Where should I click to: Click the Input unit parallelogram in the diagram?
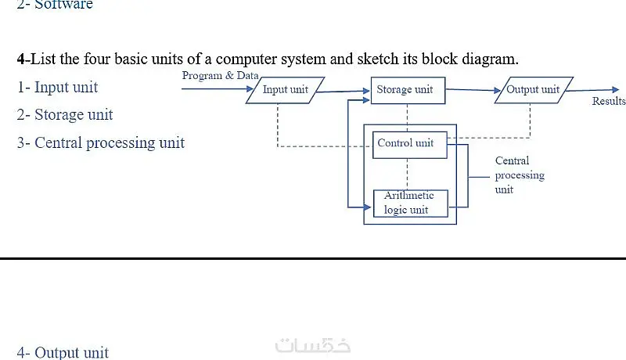point(286,90)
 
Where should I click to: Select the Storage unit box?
point(408,91)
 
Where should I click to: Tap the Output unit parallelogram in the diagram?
point(534,90)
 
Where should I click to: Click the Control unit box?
point(409,145)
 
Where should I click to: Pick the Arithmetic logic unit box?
point(410,203)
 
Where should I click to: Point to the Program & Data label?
point(221,75)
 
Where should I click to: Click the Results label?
point(609,102)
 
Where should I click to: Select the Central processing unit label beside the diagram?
point(520,175)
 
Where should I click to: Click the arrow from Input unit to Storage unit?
point(344,92)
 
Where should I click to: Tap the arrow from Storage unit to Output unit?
point(473,90)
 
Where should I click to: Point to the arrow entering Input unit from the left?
point(218,88)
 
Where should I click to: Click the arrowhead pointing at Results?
point(615,90)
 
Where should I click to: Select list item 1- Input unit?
point(57,88)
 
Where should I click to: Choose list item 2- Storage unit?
point(65,115)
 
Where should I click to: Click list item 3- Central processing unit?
point(101,143)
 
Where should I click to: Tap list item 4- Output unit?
point(63,352)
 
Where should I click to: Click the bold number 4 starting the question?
point(21,59)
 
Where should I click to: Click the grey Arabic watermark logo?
point(313,345)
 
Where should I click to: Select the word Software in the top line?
point(63,5)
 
